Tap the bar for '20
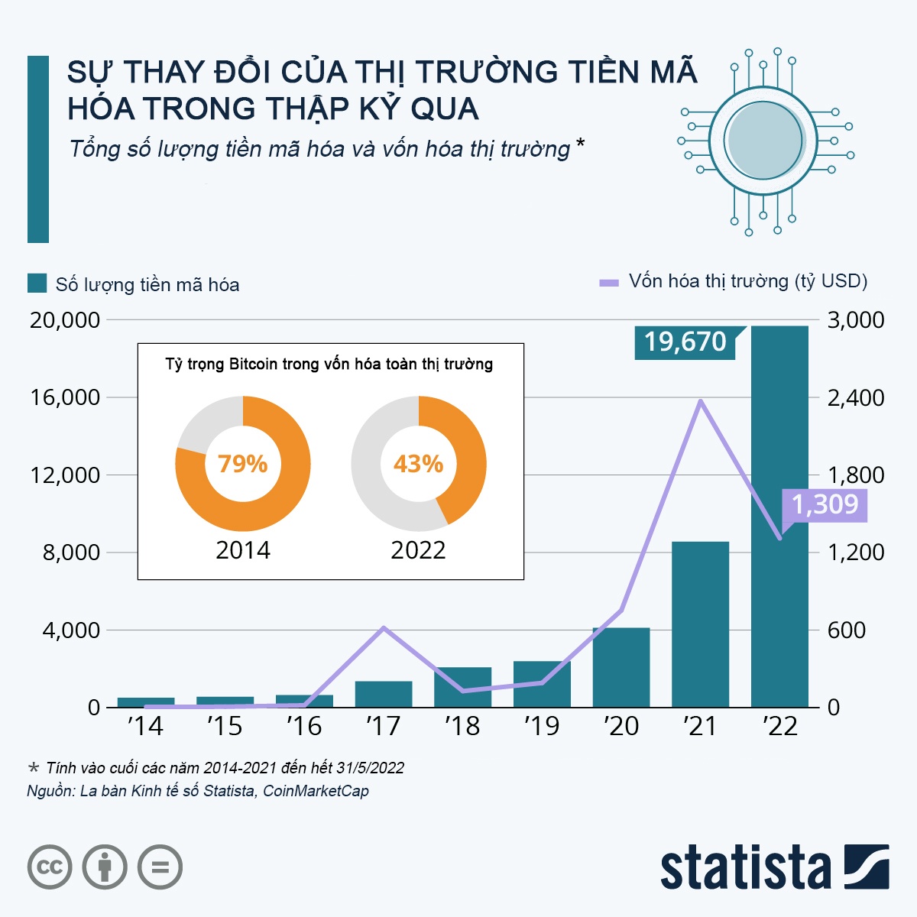coord(621,668)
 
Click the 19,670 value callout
coord(685,342)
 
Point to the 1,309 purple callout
coord(825,504)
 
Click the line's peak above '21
coord(701,401)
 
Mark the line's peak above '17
coord(384,627)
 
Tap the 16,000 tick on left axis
coord(66,397)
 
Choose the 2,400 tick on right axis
coord(856,397)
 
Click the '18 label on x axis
coord(462,726)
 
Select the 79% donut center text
coord(243,464)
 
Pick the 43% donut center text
coord(418,464)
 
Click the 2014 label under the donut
coord(243,550)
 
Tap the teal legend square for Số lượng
coord(37,284)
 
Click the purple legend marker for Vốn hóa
coord(608,283)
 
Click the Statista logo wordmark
coord(745,869)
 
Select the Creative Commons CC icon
coord(50,867)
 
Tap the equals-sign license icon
coord(160,867)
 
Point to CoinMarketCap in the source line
coord(316,791)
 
